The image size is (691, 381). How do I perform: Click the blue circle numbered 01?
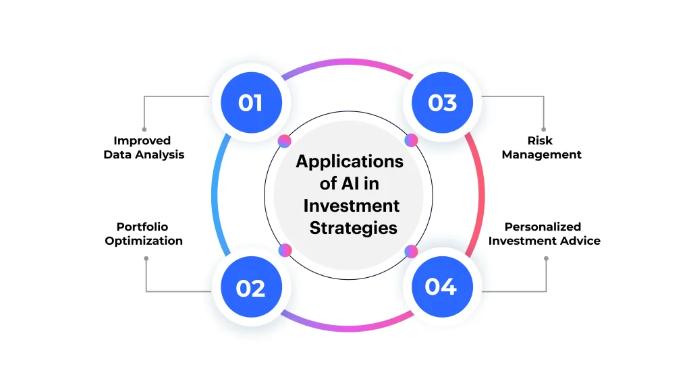click(x=250, y=103)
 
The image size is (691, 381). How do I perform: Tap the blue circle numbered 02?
click(x=250, y=288)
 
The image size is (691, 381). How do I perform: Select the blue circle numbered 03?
click(x=442, y=103)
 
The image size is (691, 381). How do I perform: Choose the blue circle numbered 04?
click(x=441, y=287)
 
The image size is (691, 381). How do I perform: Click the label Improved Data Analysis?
click(x=143, y=148)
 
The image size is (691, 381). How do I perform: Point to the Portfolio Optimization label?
click(x=143, y=234)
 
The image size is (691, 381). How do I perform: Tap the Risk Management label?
click(x=541, y=148)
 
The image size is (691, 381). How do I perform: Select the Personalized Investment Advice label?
click(x=544, y=234)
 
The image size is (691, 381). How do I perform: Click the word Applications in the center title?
click(x=350, y=162)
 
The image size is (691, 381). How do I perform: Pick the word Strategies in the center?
click(x=353, y=228)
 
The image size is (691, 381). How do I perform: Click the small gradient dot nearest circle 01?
click(x=285, y=141)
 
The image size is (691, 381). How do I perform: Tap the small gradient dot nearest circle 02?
click(x=285, y=250)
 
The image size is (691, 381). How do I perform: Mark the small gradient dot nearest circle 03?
click(x=411, y=140)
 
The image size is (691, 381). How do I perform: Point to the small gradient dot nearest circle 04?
click(x=410, y=251)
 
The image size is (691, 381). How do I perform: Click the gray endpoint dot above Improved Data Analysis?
click(x=144, y=129)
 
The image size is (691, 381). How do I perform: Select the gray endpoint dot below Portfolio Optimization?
click(x=145, y=257)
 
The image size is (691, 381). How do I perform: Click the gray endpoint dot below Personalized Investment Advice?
click(x=545, y=258)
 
